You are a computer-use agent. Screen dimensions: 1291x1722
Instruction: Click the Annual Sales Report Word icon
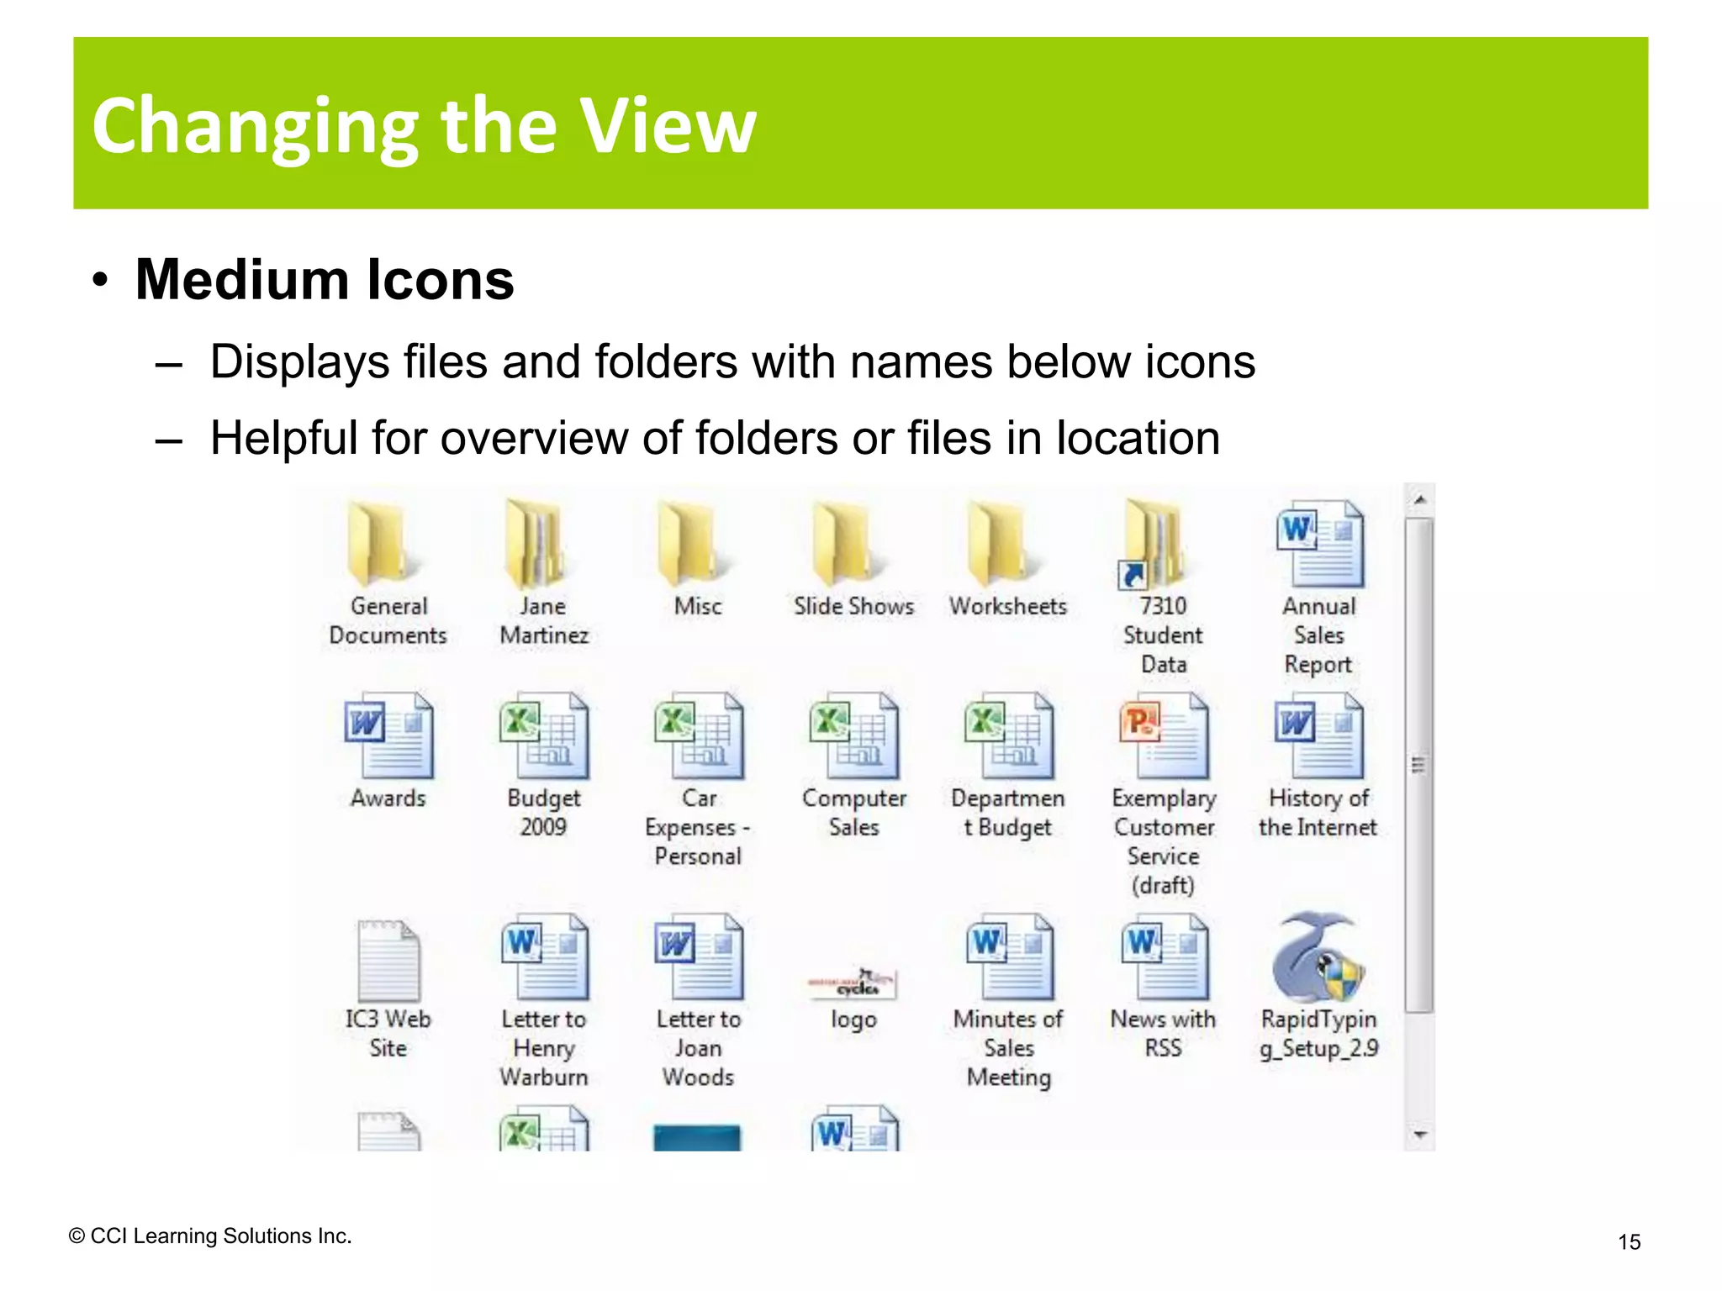1319,544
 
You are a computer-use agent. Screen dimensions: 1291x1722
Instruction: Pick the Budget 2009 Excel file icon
544,736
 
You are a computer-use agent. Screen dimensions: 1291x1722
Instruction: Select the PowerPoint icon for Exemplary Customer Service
1164,736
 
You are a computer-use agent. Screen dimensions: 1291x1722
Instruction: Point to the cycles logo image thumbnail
853,983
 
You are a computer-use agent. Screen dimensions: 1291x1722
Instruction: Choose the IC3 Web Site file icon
388,959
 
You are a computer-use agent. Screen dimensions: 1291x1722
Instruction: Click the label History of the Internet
1318,813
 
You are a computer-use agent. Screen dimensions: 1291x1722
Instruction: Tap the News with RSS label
1163,1033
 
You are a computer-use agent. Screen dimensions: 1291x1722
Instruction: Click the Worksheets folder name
1008,606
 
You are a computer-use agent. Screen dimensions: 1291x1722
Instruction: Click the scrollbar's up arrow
1419,500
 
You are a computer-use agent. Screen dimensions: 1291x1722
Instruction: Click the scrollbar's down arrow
1419,1136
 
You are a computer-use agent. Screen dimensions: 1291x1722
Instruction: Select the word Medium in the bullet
240,280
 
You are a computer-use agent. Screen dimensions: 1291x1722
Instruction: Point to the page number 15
1629,1241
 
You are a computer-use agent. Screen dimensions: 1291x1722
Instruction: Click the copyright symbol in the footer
77,1236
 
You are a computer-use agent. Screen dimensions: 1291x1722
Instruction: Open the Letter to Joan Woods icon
699,957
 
